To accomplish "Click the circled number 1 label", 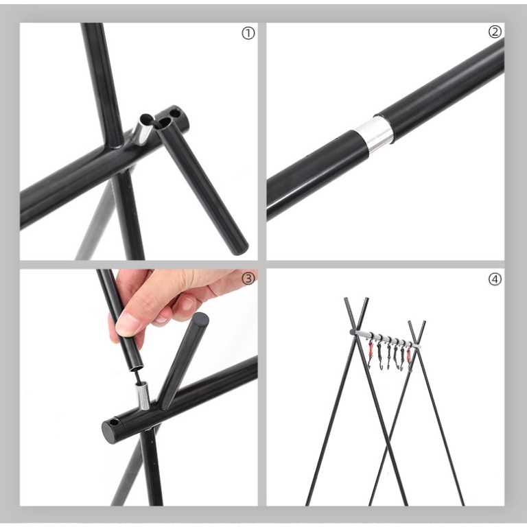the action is coord(248,33).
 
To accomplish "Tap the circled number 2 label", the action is coord(495,32).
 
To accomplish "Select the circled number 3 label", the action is coord(248,279).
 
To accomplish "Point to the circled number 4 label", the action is coord(495,279).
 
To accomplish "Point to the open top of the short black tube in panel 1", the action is coord(165,124).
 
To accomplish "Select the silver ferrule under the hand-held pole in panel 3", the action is coord(142,397).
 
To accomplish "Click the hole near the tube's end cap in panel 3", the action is coord(114,422).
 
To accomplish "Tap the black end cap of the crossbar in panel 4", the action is coord(352,332).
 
